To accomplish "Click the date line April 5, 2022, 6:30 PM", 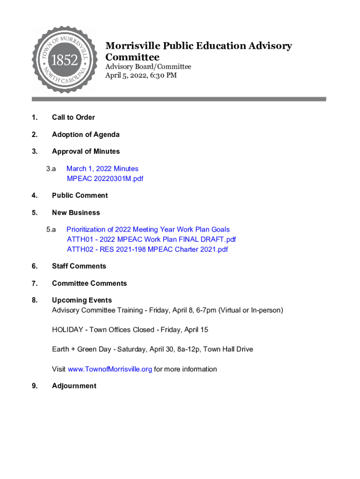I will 141,75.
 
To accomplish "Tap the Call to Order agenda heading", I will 73,117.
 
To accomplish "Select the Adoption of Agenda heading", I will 86,135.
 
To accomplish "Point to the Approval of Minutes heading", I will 86,152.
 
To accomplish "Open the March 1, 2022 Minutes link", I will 102,168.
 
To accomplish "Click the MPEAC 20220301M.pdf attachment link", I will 105,179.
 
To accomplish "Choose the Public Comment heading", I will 79,196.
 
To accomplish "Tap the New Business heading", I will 76,213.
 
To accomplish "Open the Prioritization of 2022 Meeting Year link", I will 148,230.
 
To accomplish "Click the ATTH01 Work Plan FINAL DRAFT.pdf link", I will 151,239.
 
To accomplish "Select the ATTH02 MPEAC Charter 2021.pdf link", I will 147,249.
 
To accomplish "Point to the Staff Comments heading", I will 79,266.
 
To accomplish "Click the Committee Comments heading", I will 89,283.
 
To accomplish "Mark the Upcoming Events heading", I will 82,300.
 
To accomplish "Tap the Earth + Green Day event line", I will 152,349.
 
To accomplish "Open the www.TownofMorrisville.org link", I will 110,369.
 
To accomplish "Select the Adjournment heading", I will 74,386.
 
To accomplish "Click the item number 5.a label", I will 51,230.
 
